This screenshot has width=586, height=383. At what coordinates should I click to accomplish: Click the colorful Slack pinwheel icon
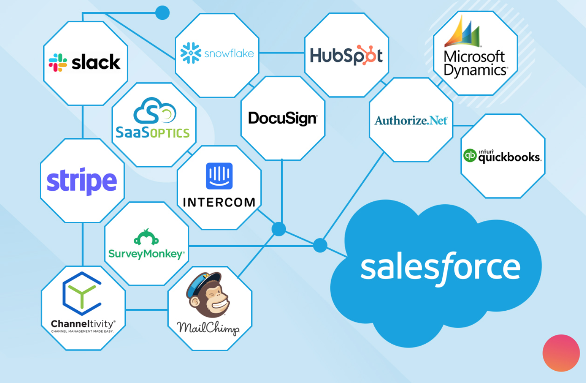click(x=58, y=62)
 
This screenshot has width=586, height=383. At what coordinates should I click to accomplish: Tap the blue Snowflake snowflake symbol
click(x=191, y=53)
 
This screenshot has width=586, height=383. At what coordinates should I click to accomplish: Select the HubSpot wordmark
click(x=346, y=55)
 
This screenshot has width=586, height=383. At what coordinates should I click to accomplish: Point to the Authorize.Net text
click(x=411, y=120)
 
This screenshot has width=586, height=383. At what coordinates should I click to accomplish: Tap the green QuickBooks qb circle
click(x=470, y=155)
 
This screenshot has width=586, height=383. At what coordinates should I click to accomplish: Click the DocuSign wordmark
click(x=282, y=118)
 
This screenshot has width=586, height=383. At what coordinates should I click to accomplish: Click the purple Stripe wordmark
click(x=82, y=181)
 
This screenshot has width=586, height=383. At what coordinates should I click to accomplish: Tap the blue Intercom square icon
click(x=219, y=176)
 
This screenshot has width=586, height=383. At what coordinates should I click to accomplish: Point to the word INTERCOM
click(x=219, y=203)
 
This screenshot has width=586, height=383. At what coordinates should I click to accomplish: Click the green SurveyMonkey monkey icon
click(x=146, y=238)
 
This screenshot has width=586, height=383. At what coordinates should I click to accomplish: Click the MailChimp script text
click(x=208, y=328)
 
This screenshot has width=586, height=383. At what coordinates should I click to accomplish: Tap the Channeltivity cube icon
click(x=82, y=293)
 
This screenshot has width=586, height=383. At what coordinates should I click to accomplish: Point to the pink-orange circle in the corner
click(x=561, y=353)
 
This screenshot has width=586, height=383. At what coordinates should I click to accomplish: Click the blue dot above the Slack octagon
click(x=162, y=13)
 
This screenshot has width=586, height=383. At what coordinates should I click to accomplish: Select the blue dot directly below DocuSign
click(x=279, y=229)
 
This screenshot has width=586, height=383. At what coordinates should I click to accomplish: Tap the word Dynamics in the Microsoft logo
click(x=475, y=70)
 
